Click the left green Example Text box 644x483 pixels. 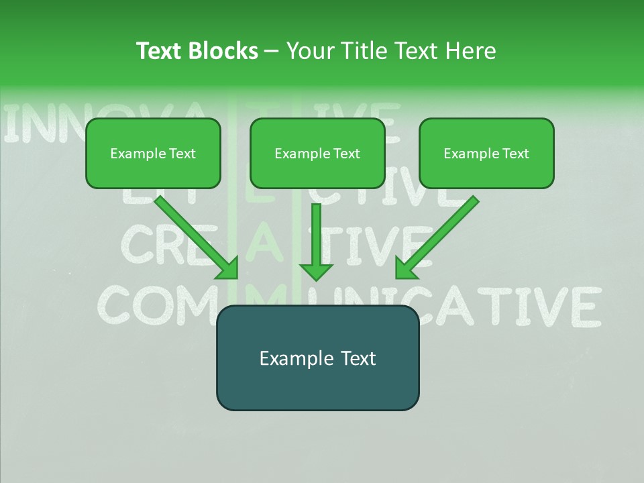153,153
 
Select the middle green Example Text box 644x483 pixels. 317,153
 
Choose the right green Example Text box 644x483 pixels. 486,153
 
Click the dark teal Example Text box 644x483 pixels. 317,358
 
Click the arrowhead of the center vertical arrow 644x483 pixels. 316,272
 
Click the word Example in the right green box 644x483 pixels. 469,154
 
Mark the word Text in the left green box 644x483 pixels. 182,154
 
